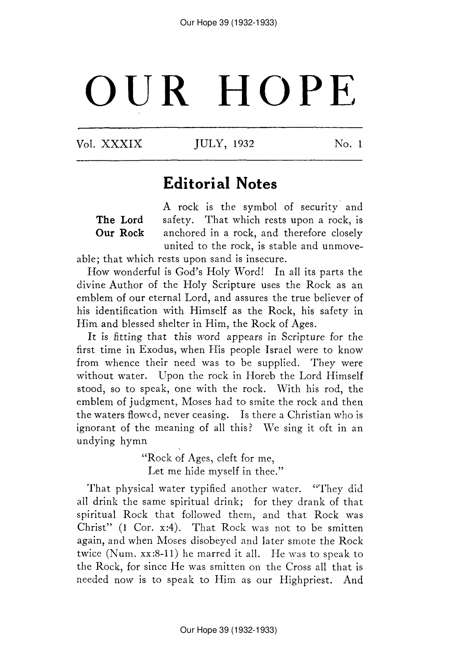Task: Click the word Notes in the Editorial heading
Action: [256, 184]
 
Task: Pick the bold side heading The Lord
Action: [120, 220]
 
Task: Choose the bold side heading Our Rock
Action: [120, 233]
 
